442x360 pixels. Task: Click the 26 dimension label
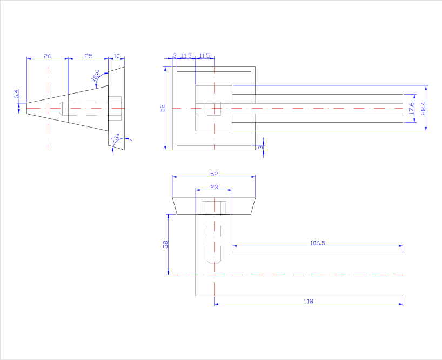pos(48,56)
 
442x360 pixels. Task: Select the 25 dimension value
pos(89,56)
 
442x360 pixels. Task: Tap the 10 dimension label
pos(116,56)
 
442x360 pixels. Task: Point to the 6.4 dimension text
pos(17,94)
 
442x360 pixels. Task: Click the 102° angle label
pos(96,76)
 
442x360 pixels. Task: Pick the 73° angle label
pos(115,139)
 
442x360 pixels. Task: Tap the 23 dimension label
pos(214,187)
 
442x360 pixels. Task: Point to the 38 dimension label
pos(165,244)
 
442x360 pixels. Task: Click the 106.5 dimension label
pos(318,243)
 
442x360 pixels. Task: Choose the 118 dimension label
pos(308,301)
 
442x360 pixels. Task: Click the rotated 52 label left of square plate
pos(162,109)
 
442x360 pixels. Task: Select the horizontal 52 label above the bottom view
pos(214,174)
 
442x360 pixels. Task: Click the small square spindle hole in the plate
pos(214,109)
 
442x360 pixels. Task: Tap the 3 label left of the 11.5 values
pos(175,56)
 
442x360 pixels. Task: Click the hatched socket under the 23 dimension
pos(214,208)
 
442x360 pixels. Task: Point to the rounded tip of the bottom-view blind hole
pos(214,262)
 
